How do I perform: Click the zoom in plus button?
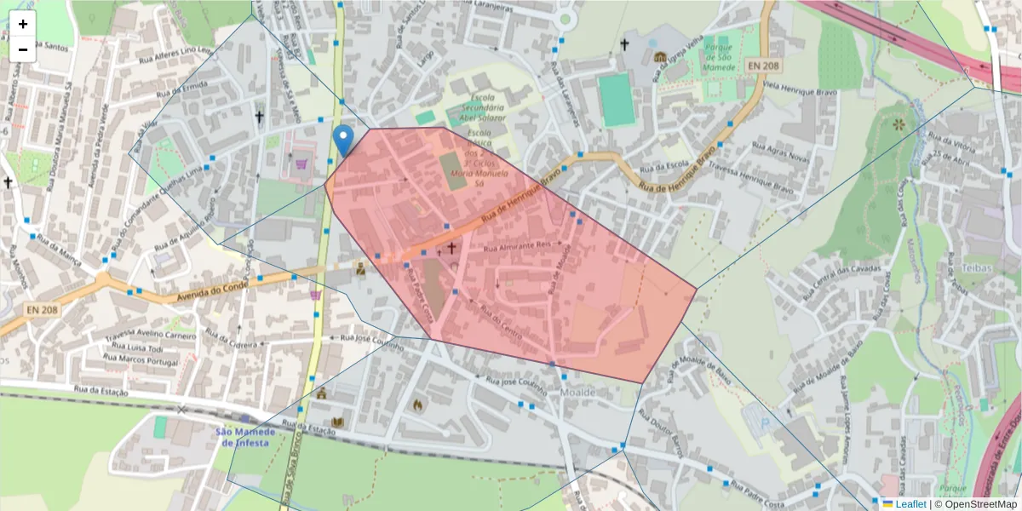coord(23,24)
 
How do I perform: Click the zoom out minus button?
coord(23,49)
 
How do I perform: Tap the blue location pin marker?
coord(343,140)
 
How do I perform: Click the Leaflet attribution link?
coord(910,504)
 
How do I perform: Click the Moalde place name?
coord(578,392)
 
